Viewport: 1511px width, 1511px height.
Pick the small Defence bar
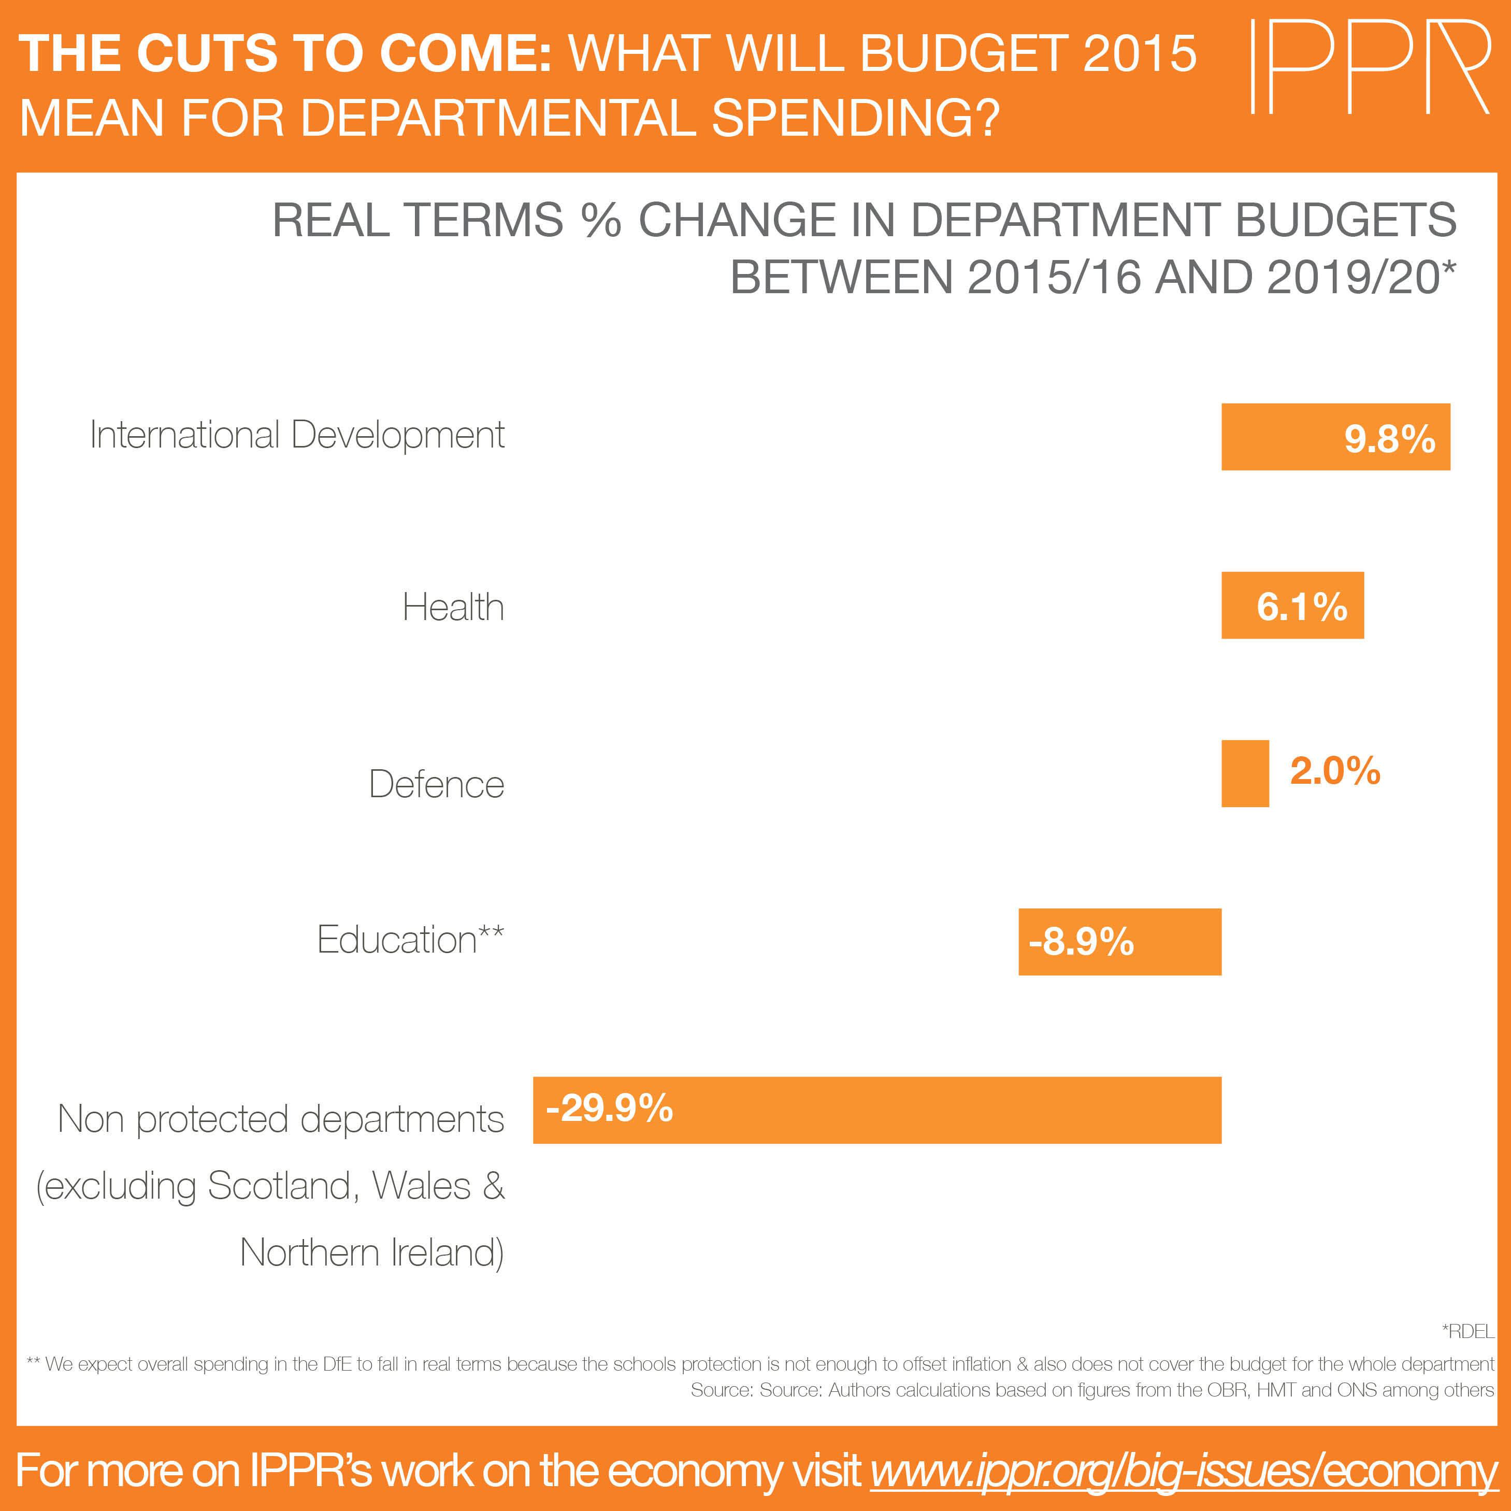click(x=1245, y=773)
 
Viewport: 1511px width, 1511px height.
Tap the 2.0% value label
click(x=1335, y=771)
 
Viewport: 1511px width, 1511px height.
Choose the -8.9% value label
click(x=1082, y=942)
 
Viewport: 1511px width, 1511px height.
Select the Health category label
click(x=453, y=607)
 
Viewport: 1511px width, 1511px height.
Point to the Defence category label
click(x=436, y=784)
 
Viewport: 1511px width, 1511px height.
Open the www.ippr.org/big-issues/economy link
click(x=1183, y=1471)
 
